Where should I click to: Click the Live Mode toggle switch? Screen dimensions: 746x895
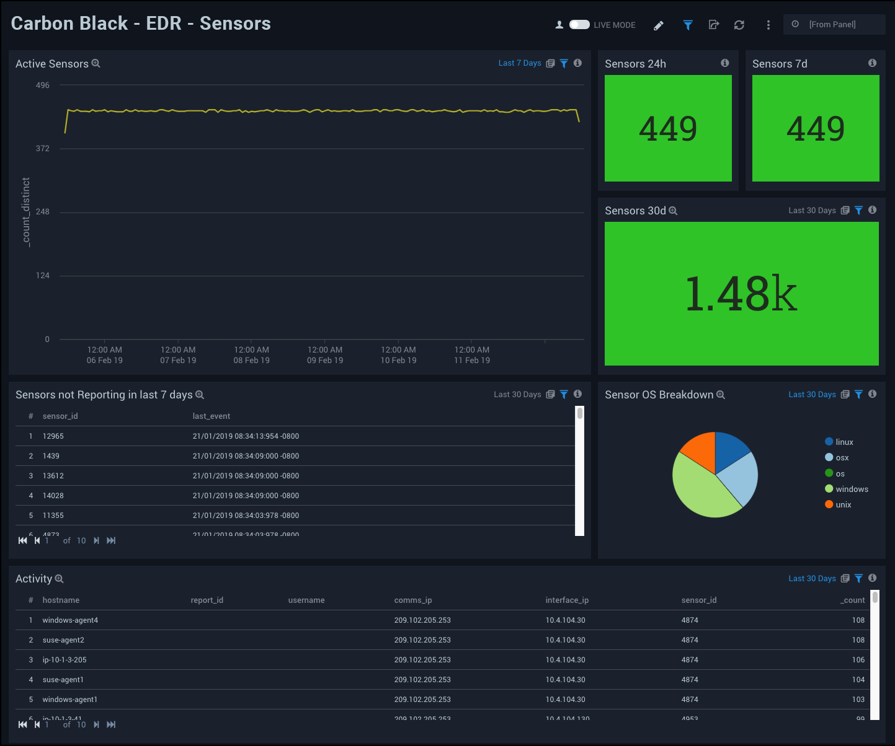(x=579, y=25)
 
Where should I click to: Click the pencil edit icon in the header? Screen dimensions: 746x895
(x=659, y=25)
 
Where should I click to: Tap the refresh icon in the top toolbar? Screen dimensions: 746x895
(x=739, y=25)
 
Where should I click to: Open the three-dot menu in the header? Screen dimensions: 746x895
(x=768, y=25)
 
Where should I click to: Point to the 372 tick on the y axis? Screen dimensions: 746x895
(x=42, y=149)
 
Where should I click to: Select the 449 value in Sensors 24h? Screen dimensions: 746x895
(x=668, y=129)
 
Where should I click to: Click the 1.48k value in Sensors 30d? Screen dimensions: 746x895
(x=741, y=294)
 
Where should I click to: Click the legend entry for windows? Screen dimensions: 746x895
(x=851, y=489)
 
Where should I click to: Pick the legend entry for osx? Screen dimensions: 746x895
(x=842, y=458)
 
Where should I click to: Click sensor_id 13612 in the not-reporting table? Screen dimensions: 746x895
(x=53, y=476)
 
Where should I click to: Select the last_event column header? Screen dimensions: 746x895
(x=211, y=416)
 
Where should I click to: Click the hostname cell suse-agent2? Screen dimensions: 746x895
(x=63, y=640)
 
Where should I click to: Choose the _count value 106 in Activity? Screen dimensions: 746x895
(x=858, y=660)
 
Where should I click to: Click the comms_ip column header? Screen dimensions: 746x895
(x=413, y=600)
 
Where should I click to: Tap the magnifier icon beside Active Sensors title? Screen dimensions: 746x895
(x=96, y=64)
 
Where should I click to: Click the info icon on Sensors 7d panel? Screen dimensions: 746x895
(x=872, y=63)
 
